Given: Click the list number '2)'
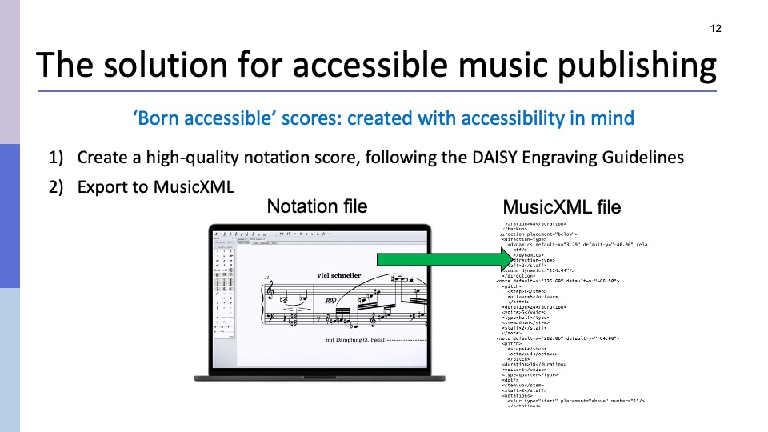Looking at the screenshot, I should coord(58,188).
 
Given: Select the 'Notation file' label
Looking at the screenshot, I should coord(317,206).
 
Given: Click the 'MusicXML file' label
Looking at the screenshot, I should coord(562,207).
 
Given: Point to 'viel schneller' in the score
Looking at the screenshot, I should coord(338,275).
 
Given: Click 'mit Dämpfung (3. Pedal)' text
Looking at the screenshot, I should coord(356,340).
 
